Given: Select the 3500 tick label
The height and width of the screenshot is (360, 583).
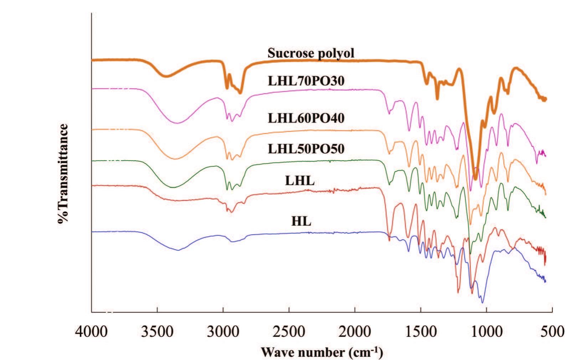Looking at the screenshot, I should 157,332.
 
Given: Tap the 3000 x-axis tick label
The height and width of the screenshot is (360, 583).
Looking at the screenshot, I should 223,332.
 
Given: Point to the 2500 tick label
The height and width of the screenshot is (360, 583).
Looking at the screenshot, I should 289,332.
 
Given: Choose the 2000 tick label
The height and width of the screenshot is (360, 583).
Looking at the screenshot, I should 355,332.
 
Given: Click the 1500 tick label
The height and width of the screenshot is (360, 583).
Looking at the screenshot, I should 421,332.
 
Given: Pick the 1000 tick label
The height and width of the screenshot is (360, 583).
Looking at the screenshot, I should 487,332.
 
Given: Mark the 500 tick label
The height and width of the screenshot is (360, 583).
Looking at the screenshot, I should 552,332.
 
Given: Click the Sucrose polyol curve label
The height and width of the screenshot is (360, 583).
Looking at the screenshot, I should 311,53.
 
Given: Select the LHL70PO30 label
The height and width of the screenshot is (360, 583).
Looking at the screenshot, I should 306,81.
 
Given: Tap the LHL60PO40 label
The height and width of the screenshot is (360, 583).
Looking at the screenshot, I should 306,118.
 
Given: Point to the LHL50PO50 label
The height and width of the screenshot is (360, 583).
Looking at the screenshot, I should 306,148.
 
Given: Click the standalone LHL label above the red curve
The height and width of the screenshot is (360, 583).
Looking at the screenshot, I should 300,181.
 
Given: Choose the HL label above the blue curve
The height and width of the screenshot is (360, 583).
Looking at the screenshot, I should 301,221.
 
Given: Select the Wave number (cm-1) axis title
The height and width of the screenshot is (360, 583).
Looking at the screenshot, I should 322,352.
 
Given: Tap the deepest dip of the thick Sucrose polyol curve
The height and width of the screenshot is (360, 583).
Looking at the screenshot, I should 475,178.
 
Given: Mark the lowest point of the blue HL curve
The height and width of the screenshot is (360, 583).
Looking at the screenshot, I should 483,303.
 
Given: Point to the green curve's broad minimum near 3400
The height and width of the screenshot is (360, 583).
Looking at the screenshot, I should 173,187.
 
